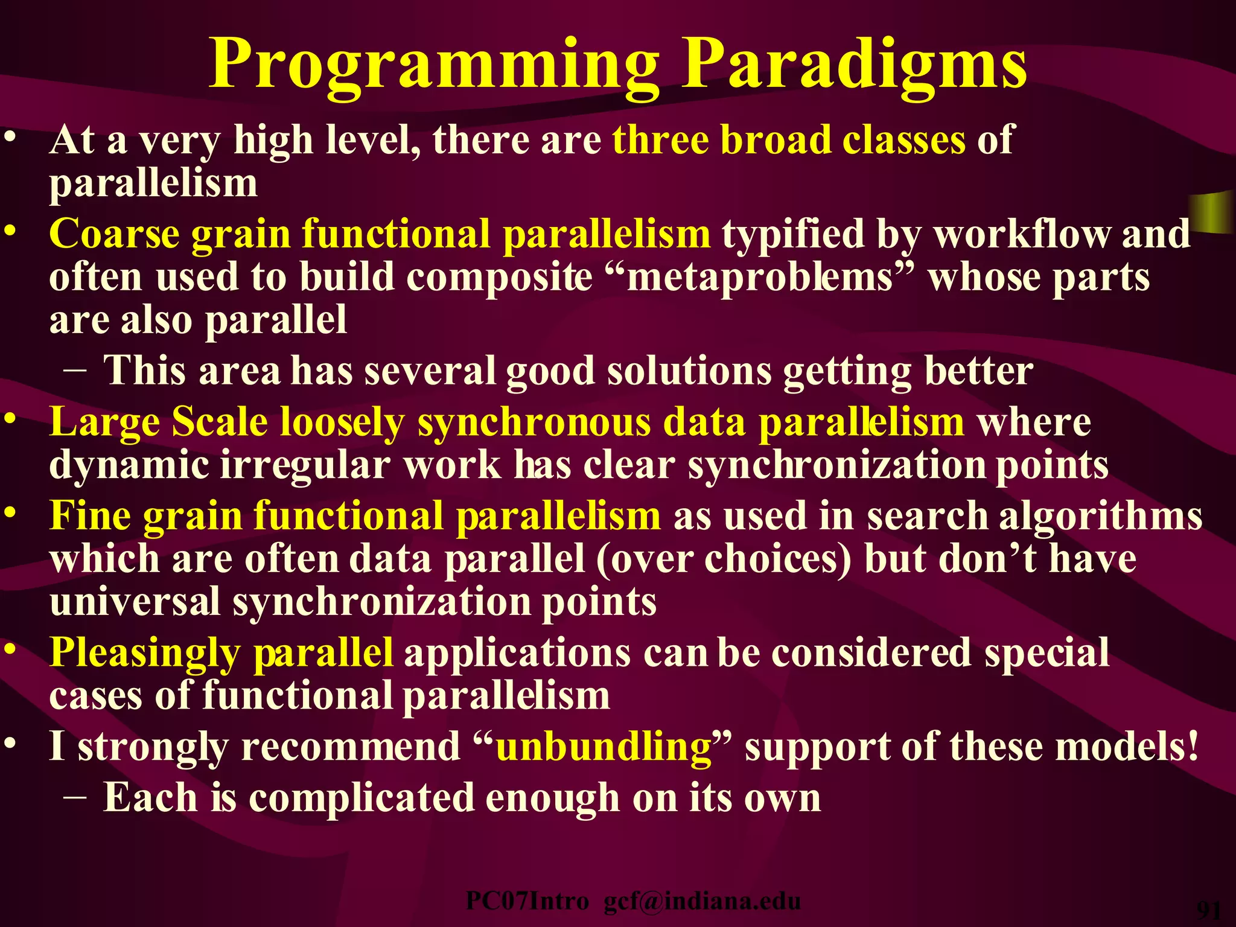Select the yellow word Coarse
114,234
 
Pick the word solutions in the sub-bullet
689,371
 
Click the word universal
135,602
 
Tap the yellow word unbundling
604,747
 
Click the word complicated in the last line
361,798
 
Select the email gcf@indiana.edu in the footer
702,901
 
